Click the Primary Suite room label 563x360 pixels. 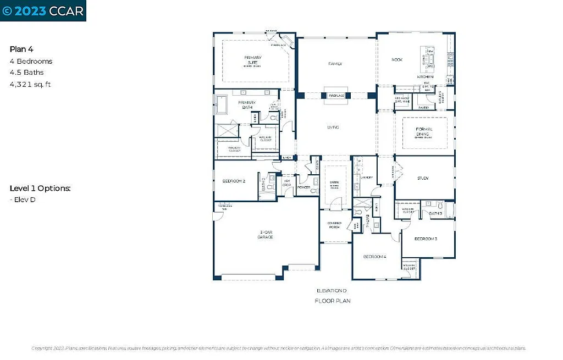253,60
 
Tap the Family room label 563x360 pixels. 335,64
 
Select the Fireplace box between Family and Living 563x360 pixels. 336,96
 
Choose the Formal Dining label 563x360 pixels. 424,131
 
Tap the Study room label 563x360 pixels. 423,178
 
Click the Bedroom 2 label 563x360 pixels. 234,181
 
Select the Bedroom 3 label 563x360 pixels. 426,239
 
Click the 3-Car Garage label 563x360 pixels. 266,234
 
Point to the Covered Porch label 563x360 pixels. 335,225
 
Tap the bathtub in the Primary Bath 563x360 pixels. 221,103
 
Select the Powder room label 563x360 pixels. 303,188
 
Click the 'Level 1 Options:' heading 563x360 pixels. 40,189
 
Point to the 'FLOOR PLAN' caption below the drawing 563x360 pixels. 332,301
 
